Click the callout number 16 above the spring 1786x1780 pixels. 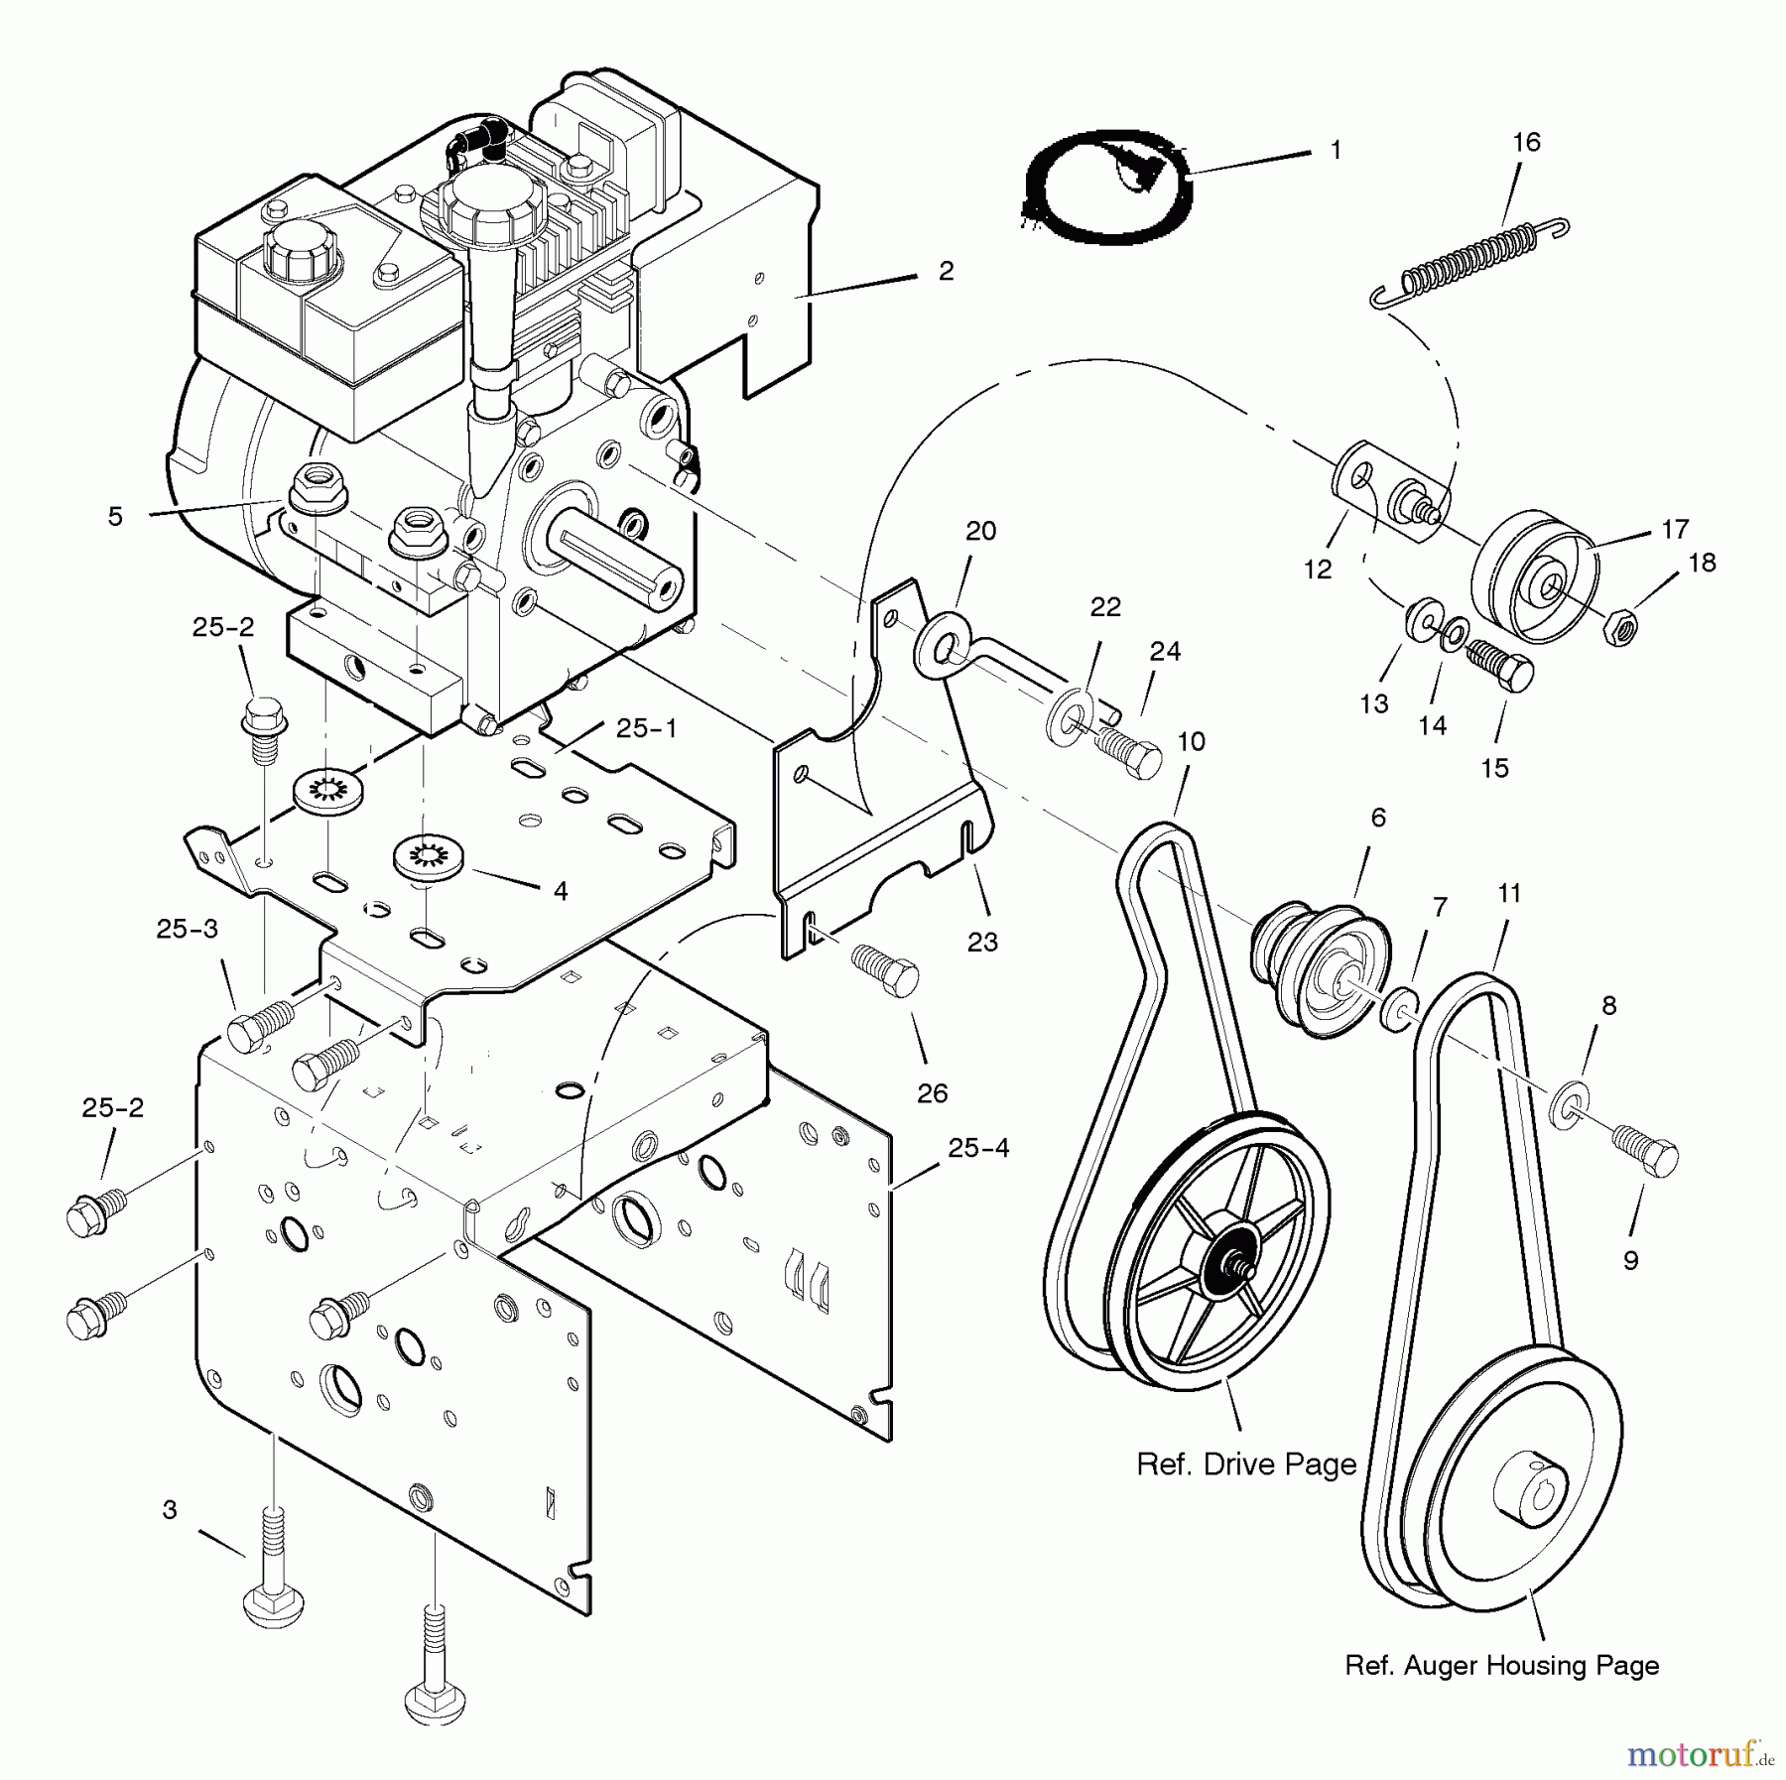click(1526, 143)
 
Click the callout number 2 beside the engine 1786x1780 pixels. click(946, 271)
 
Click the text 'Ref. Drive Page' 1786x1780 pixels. click(1246, 1463)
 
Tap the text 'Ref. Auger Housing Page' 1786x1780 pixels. click(1501, 1664)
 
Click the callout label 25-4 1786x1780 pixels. click(978, 1148)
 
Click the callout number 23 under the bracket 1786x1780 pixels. click(982, 941)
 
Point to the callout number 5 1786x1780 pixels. click(116, 517)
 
